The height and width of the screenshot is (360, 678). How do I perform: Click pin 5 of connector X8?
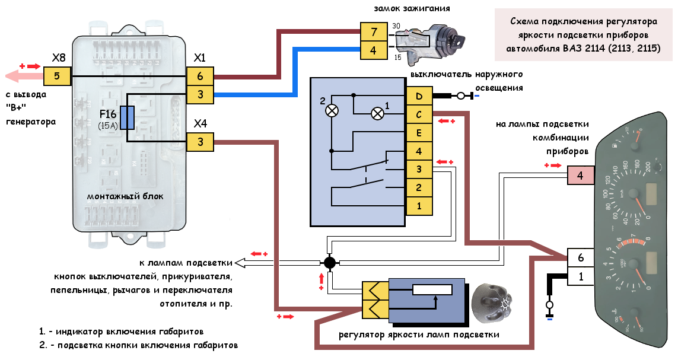pos(58,76)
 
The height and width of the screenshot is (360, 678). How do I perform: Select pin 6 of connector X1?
pos(200,76)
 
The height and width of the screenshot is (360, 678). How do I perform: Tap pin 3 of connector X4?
pos(200,142)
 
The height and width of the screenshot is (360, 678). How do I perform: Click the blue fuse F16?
pos(127,117)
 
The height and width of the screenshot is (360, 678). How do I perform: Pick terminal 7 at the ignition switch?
pos(373,31)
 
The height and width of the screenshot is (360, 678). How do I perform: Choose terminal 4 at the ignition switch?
pos(373,51)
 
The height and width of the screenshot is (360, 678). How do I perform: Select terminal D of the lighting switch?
pos(419,96)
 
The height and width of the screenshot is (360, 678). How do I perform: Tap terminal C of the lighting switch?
pos(419,114)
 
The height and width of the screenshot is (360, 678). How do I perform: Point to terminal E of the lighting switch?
pos(419,133)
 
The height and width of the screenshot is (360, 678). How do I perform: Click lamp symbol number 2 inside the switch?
pos(333,110)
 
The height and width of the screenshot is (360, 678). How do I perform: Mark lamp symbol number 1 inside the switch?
pos(377,114)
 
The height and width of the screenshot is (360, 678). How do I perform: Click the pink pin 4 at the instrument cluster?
pos(580,176)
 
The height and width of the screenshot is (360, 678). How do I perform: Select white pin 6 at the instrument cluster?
pos(580,257)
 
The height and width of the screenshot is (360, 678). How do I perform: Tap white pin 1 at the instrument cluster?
pos(580,276)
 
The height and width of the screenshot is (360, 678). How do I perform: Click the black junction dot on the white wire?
pos(330,262)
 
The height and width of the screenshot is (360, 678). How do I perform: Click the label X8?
pos(59,58)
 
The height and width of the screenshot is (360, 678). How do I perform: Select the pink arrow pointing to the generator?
pos(24,76)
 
